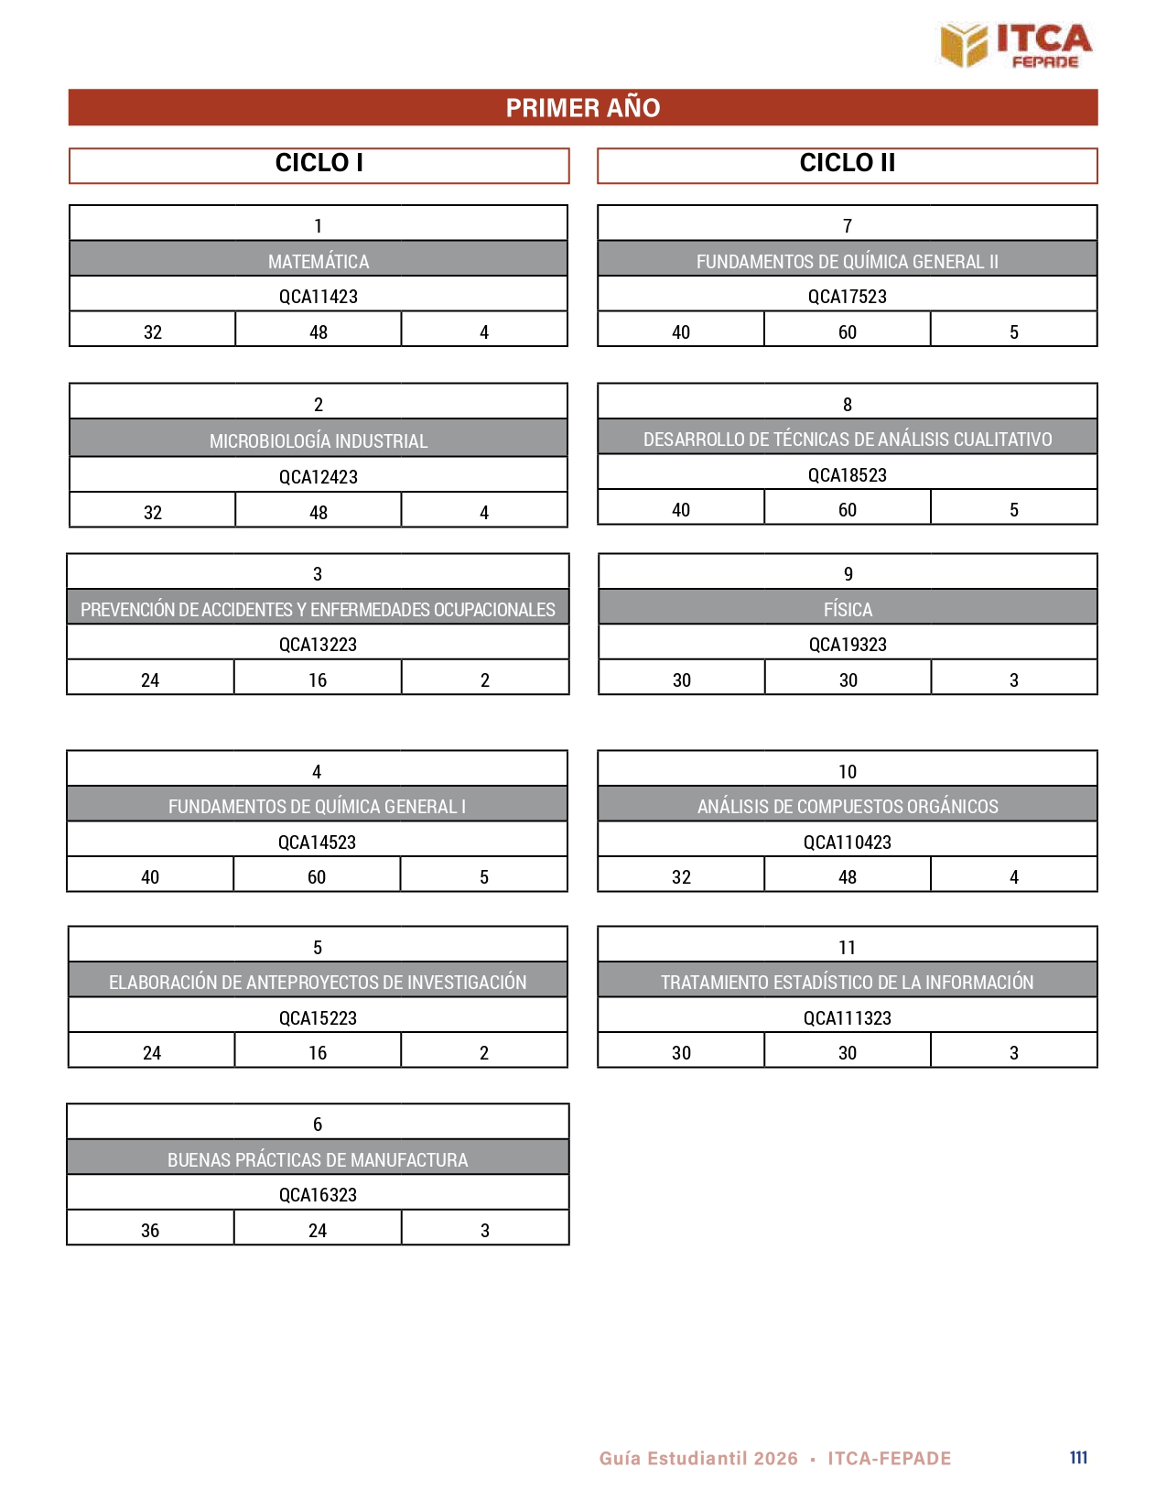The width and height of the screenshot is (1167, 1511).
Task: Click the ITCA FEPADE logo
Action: click(x=1016, y=45)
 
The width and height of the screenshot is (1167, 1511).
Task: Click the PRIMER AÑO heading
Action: click(x=583, y=108)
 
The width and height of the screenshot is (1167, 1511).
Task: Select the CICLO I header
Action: click(x=319, y=163)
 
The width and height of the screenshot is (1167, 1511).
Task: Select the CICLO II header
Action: click(x=847, y=163)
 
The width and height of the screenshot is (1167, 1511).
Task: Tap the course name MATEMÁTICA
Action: click(x=319, y=262)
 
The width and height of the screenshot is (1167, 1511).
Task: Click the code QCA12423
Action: click(x=319, y=477)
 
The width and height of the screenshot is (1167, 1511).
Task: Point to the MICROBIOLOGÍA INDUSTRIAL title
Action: click(x=319, y=441)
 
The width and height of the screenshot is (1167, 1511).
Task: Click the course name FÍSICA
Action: click(x=848, y=610)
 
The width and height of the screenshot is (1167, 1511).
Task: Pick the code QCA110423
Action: click(x=847, y=842)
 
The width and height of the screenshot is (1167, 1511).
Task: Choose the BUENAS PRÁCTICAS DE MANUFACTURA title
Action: click(x=318, y=1160)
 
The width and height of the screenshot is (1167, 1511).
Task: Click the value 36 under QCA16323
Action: click(x=150, y=1231)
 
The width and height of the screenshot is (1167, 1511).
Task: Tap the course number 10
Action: click(x=848, y=772)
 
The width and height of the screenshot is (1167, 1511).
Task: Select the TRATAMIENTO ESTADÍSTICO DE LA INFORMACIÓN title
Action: click(x=847, y=983)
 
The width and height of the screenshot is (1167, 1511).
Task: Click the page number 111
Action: click(x=1078, y=1458)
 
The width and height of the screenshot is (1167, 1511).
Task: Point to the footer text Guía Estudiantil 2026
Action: click(x=698, y=1459)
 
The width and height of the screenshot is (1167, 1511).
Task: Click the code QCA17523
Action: click(x=847, y=297)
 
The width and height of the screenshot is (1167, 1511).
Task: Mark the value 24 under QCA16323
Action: click(x=318, y=1231)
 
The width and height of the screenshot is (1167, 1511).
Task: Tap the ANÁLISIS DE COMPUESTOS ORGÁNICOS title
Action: click(x=848, y=807)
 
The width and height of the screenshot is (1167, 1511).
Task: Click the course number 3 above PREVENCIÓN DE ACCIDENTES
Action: click(x=318, y=574)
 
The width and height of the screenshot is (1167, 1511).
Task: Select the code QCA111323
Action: click(x=847, y=1018)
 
